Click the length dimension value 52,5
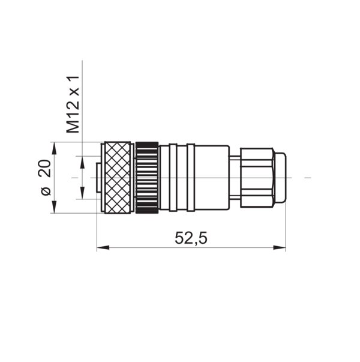coord(191,238)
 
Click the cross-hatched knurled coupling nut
coord(118,178)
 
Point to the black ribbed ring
coord(147,178)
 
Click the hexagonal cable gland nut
coord(257,178)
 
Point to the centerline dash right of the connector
coord(308,178)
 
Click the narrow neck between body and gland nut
coord(235,178)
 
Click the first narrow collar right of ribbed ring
coord(173,178)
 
